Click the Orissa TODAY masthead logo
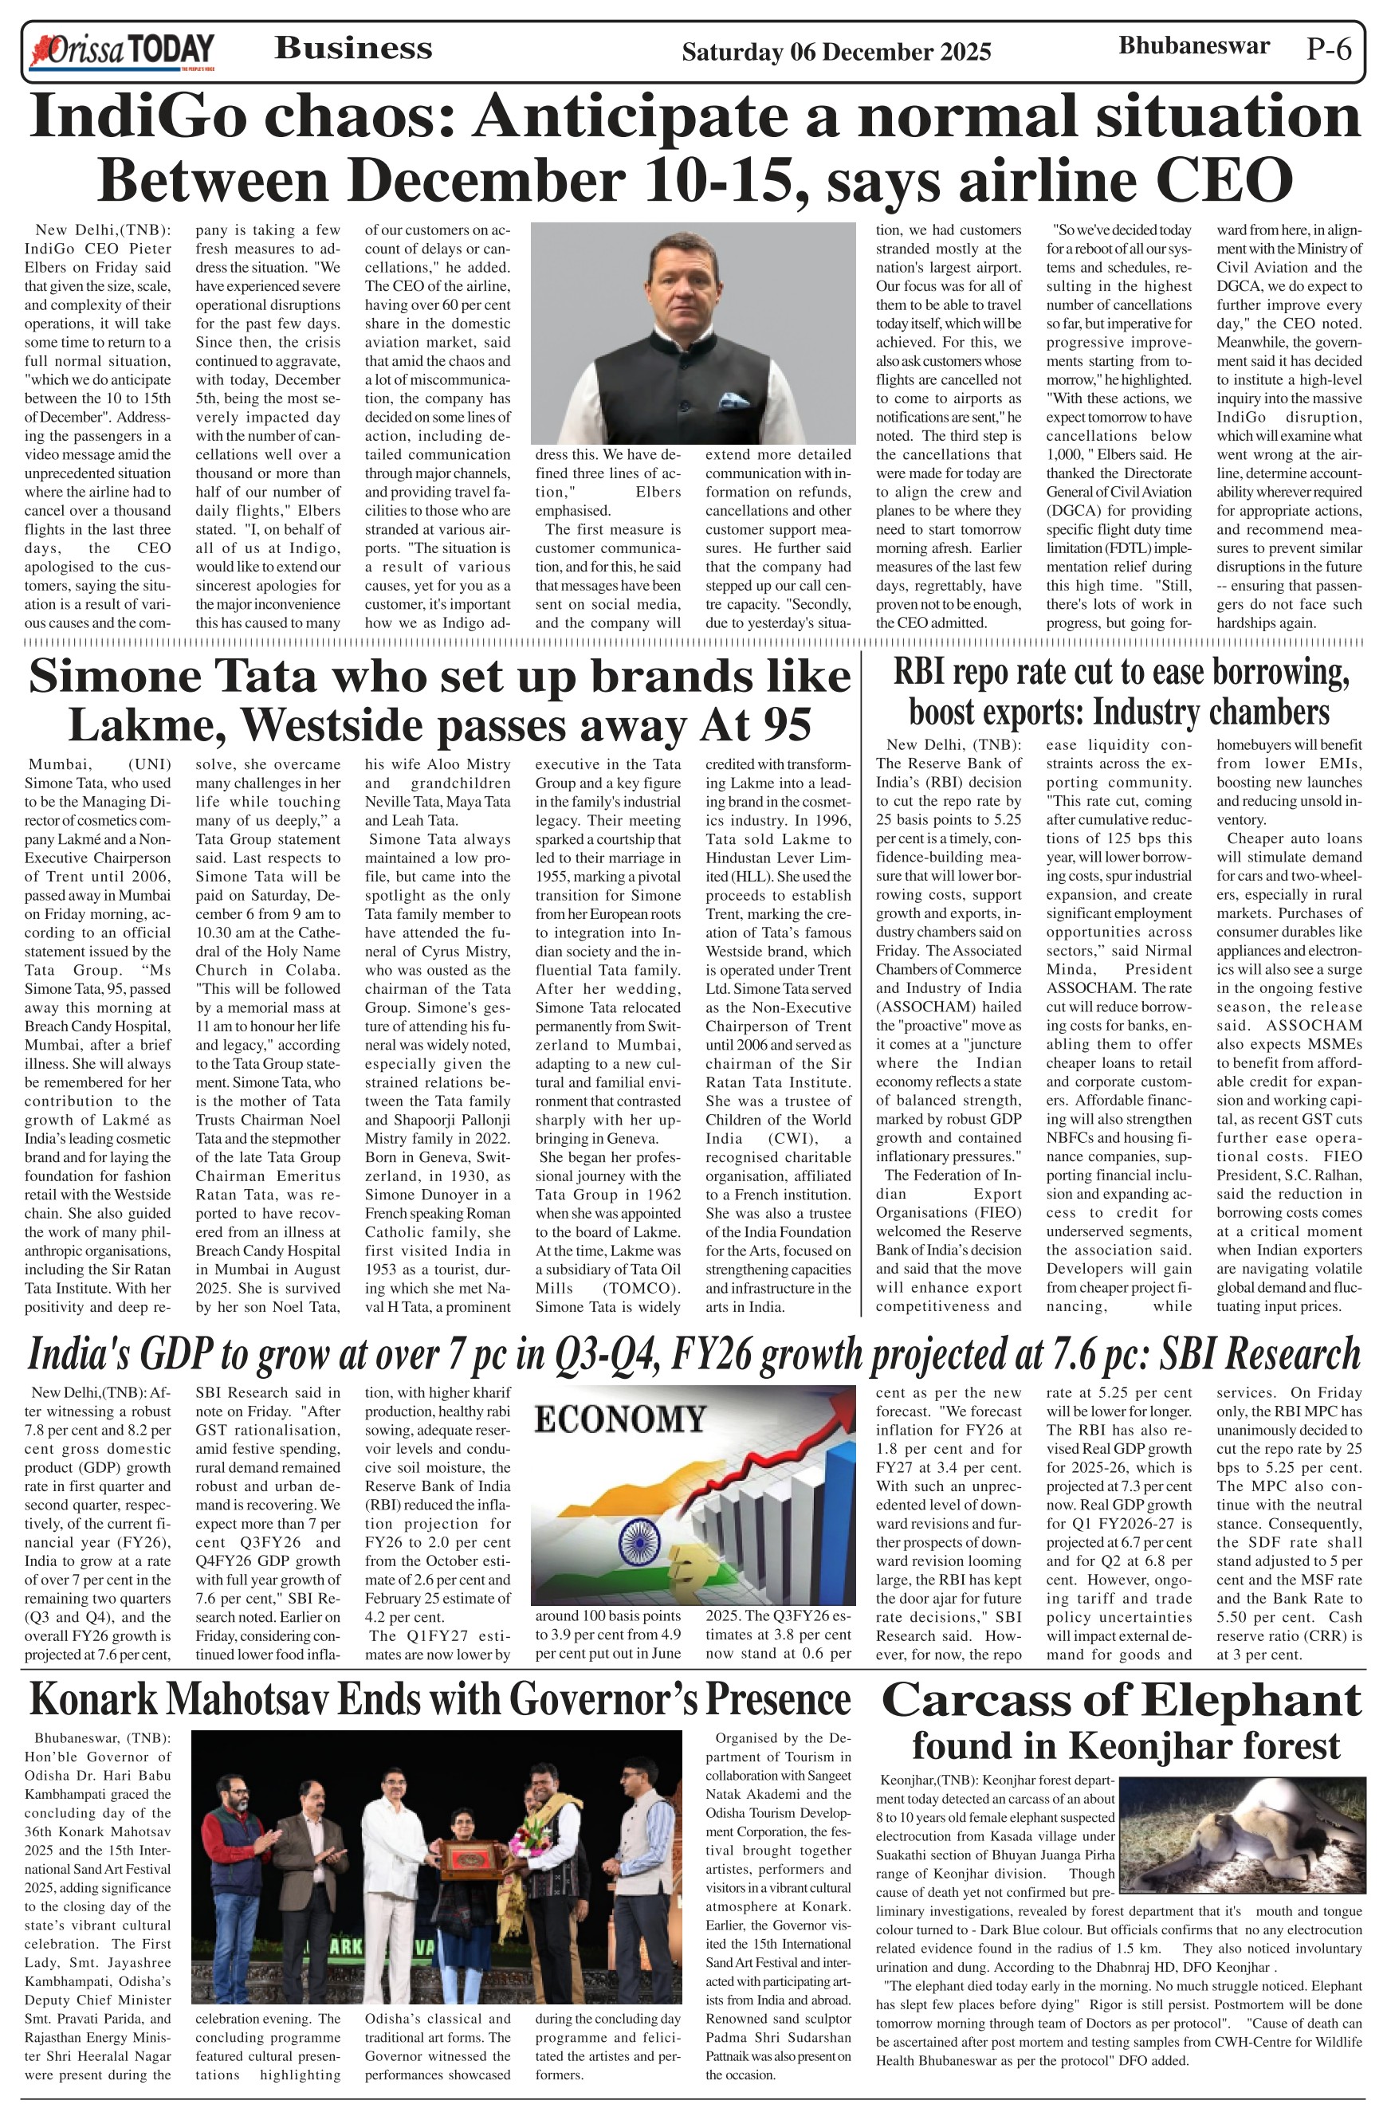[x=122, y=52]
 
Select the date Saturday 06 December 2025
[x=835, y=53]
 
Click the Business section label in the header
[x=353, y=48]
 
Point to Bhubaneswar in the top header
[x=1193, y=46]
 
